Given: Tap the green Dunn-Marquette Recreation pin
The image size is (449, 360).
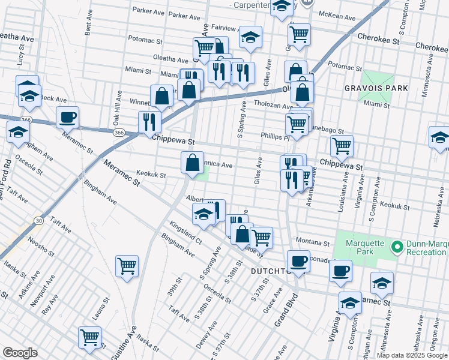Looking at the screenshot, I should (396, 247).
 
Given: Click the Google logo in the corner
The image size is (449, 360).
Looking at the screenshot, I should (20, 353).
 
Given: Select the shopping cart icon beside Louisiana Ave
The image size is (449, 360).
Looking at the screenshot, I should (341, 145).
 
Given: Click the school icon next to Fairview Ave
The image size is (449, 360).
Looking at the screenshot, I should (250, 37).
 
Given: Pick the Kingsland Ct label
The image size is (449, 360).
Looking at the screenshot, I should (185, 232).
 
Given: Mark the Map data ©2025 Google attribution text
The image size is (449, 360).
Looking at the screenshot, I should (411, 355).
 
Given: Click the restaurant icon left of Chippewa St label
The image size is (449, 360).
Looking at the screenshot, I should (148, 122).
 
